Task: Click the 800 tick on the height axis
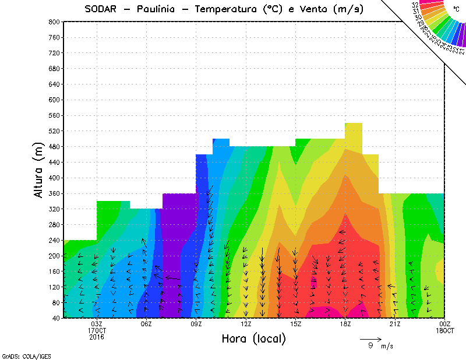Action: [55, 22]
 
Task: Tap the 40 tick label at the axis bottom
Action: [57, 318]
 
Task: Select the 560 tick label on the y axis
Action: [55, 115]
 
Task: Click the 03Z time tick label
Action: [97, 324]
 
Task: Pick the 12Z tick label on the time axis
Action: [246, 324]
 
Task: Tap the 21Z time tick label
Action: [395, 324]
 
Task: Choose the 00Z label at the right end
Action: [445, 324]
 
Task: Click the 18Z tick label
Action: [345, 324]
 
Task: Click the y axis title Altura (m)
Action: [40, 168]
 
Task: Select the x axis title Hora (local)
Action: [253, 339]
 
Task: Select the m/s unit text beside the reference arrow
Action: [387, 346]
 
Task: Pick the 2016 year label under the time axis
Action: [97, 337]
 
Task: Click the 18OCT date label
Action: [445, 330]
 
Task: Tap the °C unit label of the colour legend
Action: [456, 9]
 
